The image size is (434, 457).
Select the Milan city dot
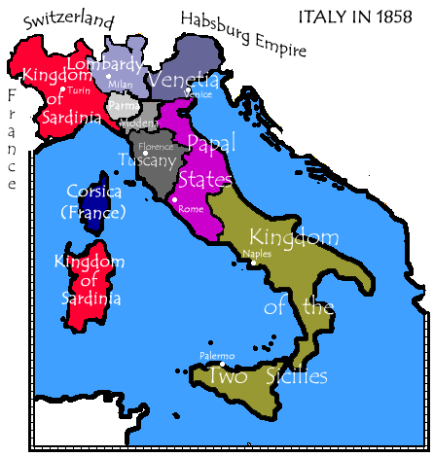coord(109,76)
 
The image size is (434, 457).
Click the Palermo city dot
coord(222,365)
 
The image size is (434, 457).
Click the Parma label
coord(119,105)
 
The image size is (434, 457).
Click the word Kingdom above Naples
coord(293,237)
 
